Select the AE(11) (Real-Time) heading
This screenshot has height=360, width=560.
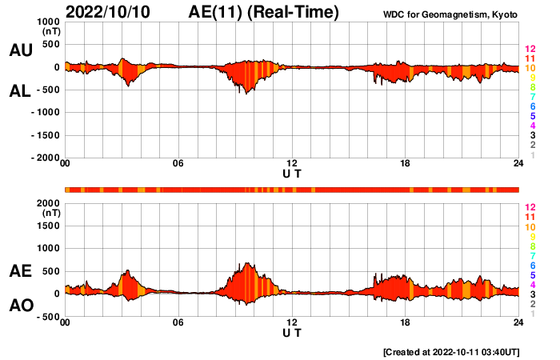point(264,12)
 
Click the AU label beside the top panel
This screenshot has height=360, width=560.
point(20,50)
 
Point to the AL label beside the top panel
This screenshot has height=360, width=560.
point(20,91)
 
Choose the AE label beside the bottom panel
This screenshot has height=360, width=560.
point(20,271)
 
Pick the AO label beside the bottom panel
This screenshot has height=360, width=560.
point(20,306)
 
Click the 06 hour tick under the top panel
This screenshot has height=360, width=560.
point(178,164)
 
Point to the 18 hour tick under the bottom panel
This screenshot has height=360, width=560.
point(406,322)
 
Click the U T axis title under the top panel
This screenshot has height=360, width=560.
point(292,173)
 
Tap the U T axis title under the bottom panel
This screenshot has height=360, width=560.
point(292,332)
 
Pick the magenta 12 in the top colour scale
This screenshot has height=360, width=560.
point(529,50)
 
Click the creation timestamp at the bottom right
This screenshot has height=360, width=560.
point(452,352)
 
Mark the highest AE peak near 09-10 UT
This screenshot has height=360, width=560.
point(248,262)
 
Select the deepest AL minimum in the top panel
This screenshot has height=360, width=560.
point(246,94)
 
